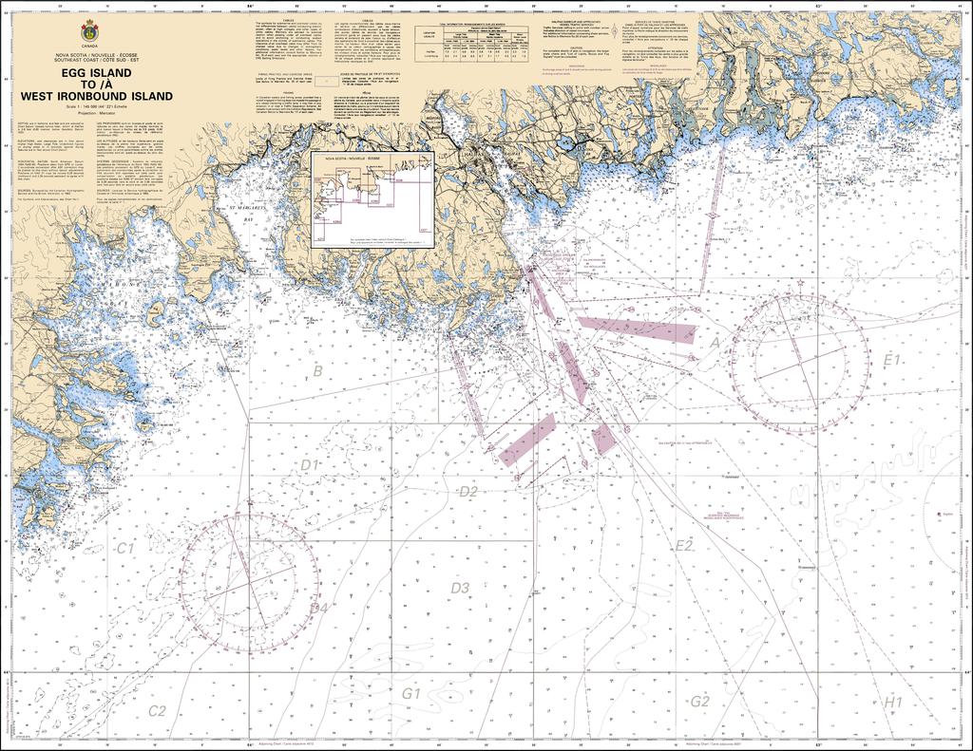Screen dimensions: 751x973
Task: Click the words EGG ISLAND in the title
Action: point(90,72)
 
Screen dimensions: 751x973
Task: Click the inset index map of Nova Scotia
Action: point(372,199)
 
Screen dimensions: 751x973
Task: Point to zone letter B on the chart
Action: point(318,370)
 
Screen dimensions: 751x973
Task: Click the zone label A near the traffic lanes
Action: point(715,343)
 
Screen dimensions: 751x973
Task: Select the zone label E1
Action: point(891,360)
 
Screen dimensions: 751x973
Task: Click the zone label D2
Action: point(467,492)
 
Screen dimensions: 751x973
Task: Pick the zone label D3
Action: point(460,589)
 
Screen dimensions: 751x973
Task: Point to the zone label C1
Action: point(124,549)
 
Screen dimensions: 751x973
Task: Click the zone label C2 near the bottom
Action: point(157,710)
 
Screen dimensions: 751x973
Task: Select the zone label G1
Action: point(410,694)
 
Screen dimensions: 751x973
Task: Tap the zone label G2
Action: point(700,702)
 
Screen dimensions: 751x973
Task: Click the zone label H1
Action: point(893,702)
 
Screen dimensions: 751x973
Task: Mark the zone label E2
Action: point(684,545)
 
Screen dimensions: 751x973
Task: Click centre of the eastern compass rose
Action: point(799,363)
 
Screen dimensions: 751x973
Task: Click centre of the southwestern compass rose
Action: point(249,583)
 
